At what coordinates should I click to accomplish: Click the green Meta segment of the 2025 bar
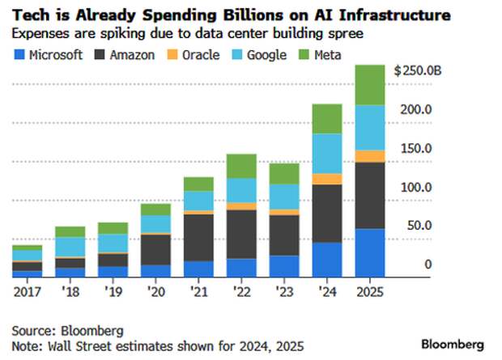pyautogui.click(x=370, y=85)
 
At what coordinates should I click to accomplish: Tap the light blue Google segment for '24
pyautogui.click(x=327, y=154)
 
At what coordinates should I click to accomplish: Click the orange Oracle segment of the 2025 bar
pyautogui.click(x=370, y=156)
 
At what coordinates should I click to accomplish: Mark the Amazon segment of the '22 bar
pyautogui.click(x=241, y=234)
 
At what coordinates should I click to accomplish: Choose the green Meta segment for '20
pyautogui.click(x=155, y=210)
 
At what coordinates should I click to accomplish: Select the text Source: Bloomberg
pyautogui.click(x=67, y=330)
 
